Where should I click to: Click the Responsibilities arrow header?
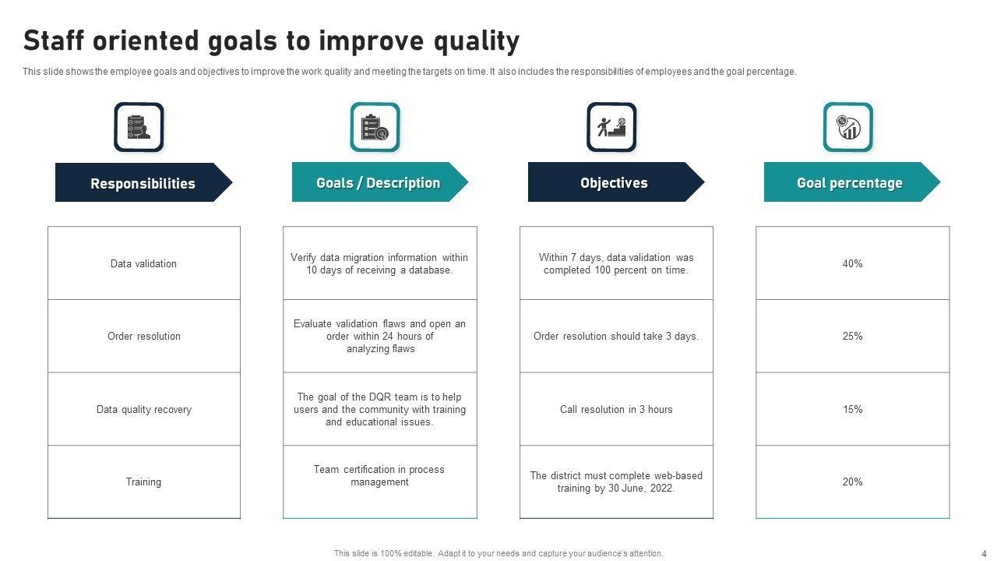[x=143, y=182]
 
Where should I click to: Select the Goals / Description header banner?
[x=379, y=182]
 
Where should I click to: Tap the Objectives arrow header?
[x=616, y=182]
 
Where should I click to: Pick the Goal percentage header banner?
[x=852, y=182]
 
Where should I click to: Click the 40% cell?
[x=852, y=263]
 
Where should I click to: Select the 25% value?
[x=852, y=336]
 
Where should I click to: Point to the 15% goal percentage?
[x=852, y=409]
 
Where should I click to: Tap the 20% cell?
[x=852, y=482]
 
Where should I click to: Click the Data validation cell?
[x=144, y=263]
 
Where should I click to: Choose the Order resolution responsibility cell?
[x=144, y=336]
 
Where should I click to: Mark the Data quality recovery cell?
[x=144, y=409]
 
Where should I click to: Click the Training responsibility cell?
[x=144, y=482]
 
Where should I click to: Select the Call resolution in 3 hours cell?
[x=616, y=409]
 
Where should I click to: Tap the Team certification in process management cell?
[x=379, y=482]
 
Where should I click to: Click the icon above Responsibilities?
[x=139, y=127]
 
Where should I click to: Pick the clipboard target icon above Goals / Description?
[x=375, y=127]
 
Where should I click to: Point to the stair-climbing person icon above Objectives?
[x=611, y=127]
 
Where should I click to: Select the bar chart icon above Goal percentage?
[x=848, y=127]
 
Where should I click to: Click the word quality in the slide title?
[x=477, y=41]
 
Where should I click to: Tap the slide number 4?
[x=984, y=553]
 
